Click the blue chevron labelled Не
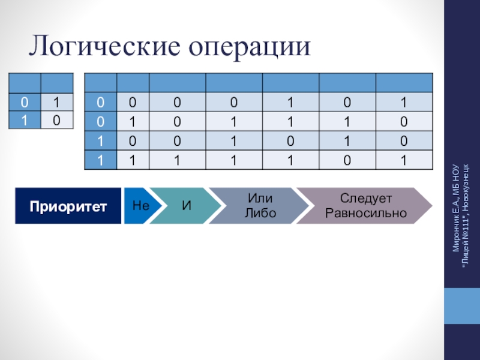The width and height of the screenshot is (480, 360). tap(140, 206)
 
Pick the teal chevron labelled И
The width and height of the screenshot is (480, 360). tap(186, 206)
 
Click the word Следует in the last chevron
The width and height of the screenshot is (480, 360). tap(365, 198)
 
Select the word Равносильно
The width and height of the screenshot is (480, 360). tap(365, 213)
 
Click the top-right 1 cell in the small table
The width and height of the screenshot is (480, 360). tap(56, 101)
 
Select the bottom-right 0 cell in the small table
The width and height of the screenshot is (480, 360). tap(56, 121)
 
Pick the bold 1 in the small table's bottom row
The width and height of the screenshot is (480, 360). tap(25, 121)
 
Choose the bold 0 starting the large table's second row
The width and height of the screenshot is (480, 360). tap(100, 121)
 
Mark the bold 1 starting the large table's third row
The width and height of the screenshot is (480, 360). tap(100, 141)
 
